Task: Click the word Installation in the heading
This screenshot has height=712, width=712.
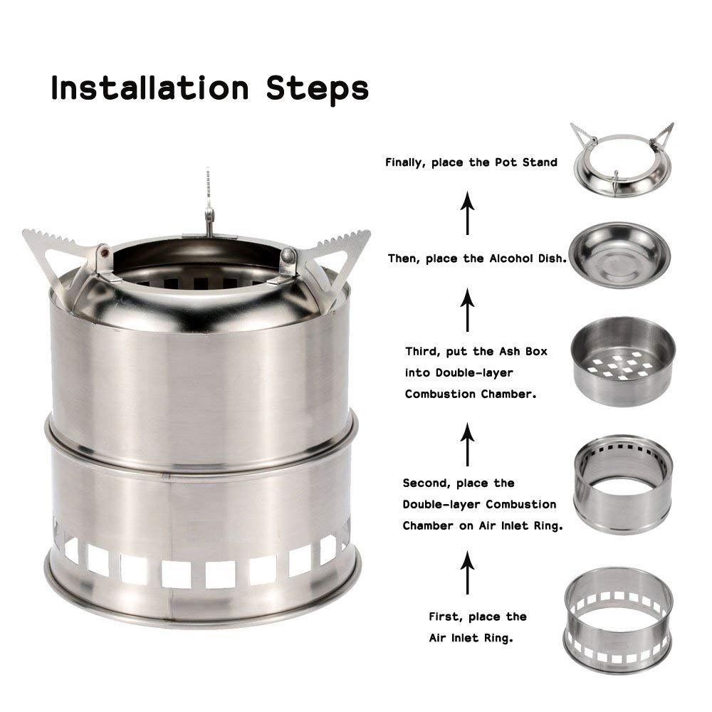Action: pyautogui.click(x=150, y=88)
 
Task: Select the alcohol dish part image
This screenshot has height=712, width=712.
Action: pyautogui.click(x=620, y=254)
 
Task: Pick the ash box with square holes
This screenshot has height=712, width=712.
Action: pyautogui.click(x=623, y=361)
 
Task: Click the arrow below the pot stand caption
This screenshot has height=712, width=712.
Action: pyautogui.click(x=467, y=213)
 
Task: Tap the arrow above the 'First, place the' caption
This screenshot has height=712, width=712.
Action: pyautogui.click(x=467, y=572)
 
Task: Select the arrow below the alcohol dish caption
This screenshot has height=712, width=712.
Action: pyautogui.click(x=467, y=310)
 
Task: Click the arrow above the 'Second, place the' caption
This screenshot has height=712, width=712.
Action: pyautogui.click(x=467, y=444)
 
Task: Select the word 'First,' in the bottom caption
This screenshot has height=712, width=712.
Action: pyautogui.click(x=446, y=617)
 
